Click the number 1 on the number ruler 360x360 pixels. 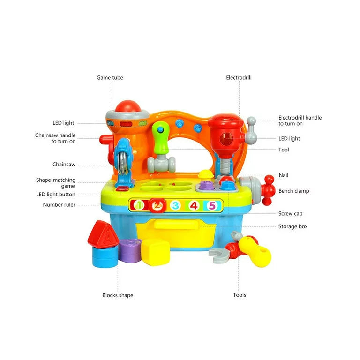(139, 205)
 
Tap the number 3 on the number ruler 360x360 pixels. (175, 205)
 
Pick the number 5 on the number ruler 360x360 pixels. (212, 205)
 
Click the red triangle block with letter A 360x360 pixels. (103, 235)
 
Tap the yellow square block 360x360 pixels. (155, 252)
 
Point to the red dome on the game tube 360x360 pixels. (127, 106)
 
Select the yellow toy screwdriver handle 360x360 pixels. (255, 252)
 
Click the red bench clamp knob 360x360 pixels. (268, 190)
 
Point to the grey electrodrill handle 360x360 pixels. (251, 130)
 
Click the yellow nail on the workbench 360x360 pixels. (206, 174)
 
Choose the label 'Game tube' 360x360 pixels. (110, 78)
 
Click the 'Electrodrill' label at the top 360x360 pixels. (239, 78)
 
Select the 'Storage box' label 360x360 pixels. (293, 226)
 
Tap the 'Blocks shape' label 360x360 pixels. (118, 295)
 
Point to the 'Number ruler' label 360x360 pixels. (59, 204)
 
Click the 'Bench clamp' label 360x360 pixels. (293, 191)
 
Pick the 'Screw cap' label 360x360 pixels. (291, 214)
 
